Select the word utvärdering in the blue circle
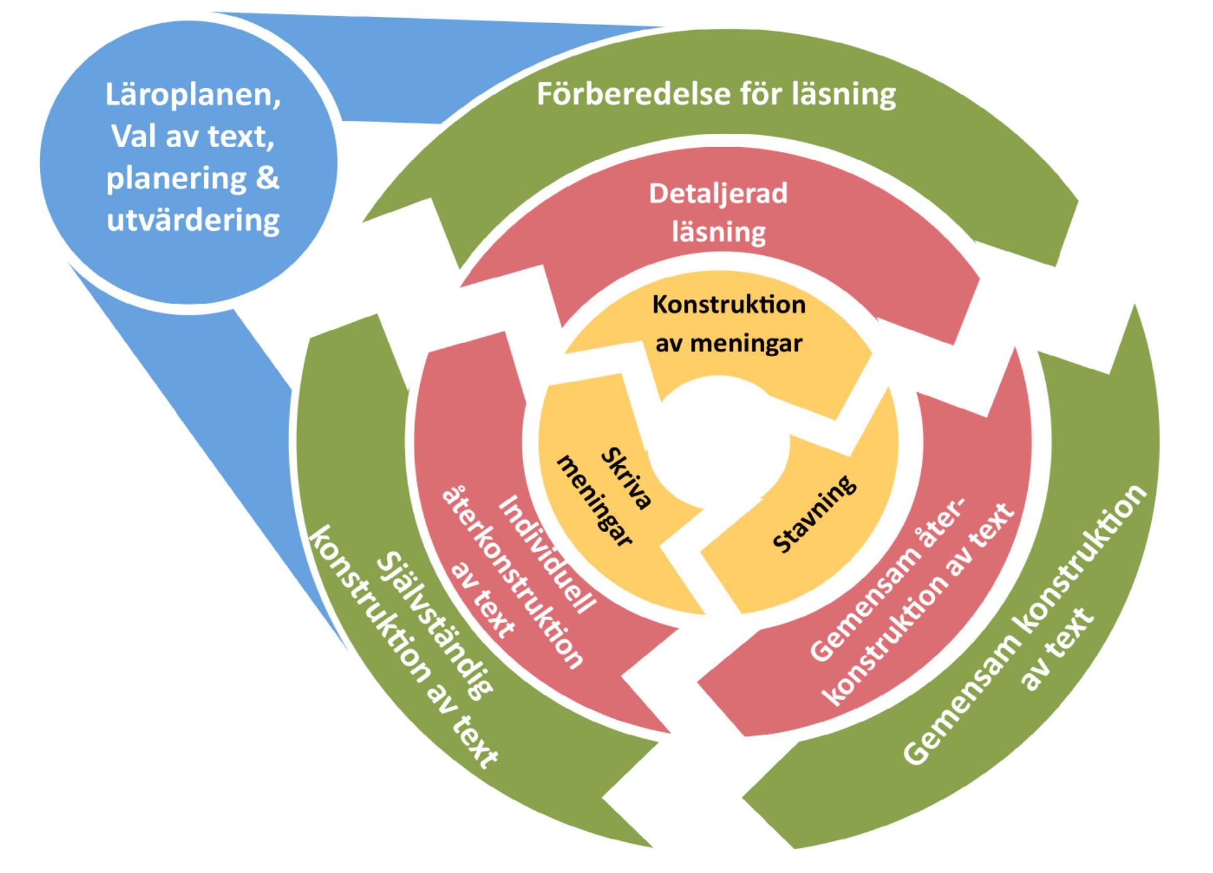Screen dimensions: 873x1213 193,220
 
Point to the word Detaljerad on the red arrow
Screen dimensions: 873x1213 718,193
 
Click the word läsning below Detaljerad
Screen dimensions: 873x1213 719,232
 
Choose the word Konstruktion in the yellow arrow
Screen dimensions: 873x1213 729,305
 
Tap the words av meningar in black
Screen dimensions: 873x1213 729,343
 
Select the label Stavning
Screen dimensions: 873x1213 814,514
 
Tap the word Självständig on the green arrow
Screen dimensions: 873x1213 434,626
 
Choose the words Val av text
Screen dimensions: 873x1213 192,136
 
